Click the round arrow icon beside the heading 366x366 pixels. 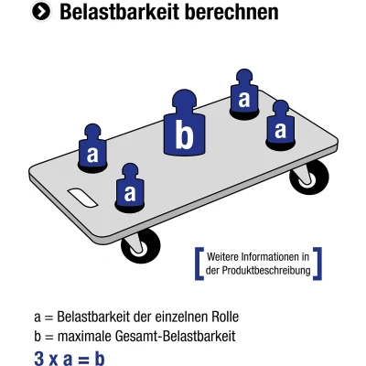[41, 12]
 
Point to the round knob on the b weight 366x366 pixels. [185, 100]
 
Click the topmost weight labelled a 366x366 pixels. [244, 94]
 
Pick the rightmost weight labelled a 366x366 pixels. [280, 124]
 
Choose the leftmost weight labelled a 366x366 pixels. [92, 148]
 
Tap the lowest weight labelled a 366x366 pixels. [130, 188]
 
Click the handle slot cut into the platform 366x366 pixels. [82, 198]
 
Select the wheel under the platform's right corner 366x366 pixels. [308, 178]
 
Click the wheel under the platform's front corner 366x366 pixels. [141, 246]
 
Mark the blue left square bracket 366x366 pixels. [199, 264]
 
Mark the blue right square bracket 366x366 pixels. [318, 264]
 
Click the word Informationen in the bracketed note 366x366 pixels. [271, 257]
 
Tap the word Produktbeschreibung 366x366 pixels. [266, 270]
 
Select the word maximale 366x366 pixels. [84, 336]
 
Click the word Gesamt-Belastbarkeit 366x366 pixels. [175, 337]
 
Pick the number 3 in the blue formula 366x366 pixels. [39, 359]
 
